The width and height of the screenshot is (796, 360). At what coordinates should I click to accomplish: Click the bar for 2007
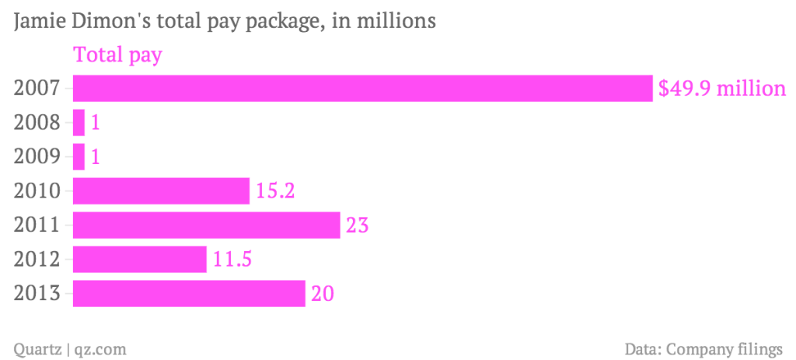(x=362, y=88)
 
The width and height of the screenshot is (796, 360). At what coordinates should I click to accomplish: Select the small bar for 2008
(x=79, y=122)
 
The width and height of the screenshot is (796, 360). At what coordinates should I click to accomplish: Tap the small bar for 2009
(x=79, y=156)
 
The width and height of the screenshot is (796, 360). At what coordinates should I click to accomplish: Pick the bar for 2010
(x=161, y=190)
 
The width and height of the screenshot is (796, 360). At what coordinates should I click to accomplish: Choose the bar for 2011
(x=206, y=225)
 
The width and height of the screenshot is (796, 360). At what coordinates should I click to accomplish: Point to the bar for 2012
(x=140, y=260)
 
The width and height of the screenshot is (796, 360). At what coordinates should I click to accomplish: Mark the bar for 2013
(x=189, y=294)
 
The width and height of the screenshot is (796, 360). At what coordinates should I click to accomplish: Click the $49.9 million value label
(x=722, y=88)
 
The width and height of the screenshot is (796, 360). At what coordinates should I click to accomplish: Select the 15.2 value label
(x=274, y=190)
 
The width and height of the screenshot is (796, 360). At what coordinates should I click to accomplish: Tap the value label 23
(x=356, y=225)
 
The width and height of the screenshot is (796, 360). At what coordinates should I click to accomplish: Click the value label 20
(x=323, y=294)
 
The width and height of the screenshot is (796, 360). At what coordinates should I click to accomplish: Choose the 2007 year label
(x=37, y=88)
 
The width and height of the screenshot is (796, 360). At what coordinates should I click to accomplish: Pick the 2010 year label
(x=37, y=190)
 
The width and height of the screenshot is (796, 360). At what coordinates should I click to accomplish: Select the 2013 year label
(x=37, y=294)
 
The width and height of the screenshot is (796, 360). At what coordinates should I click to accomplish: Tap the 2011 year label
(x=37, y=225)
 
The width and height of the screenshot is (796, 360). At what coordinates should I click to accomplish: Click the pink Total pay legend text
(x=117, y=56)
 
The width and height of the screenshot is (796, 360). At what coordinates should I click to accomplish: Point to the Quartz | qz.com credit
(x=70, y=348)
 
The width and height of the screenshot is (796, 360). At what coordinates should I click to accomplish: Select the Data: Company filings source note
(x=703, y=348)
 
